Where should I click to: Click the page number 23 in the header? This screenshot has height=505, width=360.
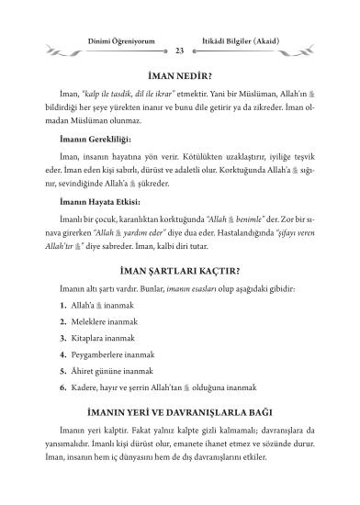(x=179, y=50)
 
